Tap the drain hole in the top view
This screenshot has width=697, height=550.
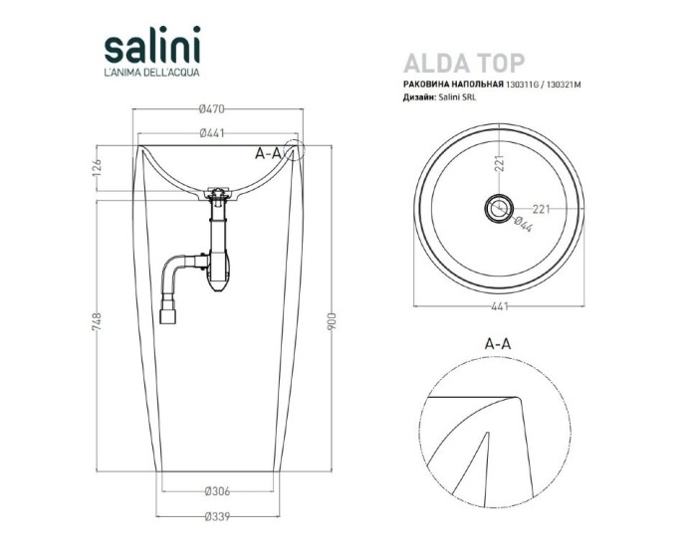[498, 208]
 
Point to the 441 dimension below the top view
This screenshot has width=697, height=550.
[498, 309]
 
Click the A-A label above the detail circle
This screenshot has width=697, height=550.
[498, 341]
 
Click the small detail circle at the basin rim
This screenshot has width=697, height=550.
[295, 151]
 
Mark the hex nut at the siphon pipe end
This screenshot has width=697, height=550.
[168, 317]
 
